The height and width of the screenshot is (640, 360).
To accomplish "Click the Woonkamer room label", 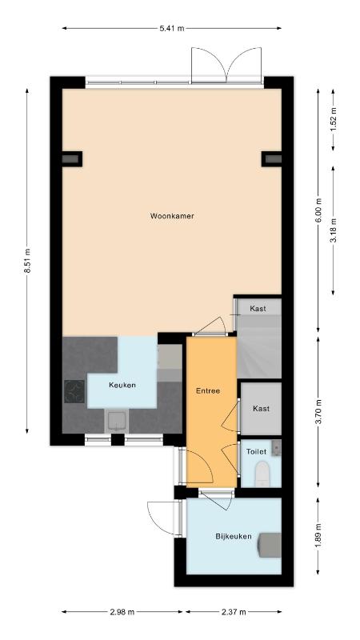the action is [x=172, y=216].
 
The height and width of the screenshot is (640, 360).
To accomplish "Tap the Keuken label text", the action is [x=122, y=385].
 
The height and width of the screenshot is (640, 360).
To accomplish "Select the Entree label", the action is [x=208, y=390].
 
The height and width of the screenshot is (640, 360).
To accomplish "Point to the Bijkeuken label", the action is [x=234, y=536].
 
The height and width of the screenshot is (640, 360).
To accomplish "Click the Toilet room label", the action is [x=256, y=452].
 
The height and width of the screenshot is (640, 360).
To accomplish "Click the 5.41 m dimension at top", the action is [x=172, y=28].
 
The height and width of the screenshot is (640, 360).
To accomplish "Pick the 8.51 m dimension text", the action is [x=27, y=262].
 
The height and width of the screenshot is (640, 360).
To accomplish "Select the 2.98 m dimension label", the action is [x=122, y=612].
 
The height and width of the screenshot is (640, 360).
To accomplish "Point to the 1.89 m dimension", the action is [x=318, y=535].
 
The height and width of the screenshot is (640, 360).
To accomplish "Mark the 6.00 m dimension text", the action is [x=318, y=210].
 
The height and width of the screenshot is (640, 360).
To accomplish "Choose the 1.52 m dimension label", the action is [x=333, y=119].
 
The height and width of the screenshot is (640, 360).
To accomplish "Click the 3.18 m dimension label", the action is [x=333, y=230].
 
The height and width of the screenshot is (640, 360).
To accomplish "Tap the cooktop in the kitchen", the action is [x=74, y=391].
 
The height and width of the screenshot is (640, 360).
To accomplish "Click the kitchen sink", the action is [x=116, y=422].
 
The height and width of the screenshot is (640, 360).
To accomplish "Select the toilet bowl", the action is [x=262, y=474].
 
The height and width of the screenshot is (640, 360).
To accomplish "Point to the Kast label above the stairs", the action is [x=258, y=309].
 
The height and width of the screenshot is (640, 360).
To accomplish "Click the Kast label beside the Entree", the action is [x=262, y=409].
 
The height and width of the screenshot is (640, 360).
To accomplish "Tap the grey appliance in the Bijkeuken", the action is [x=270, y=545].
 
